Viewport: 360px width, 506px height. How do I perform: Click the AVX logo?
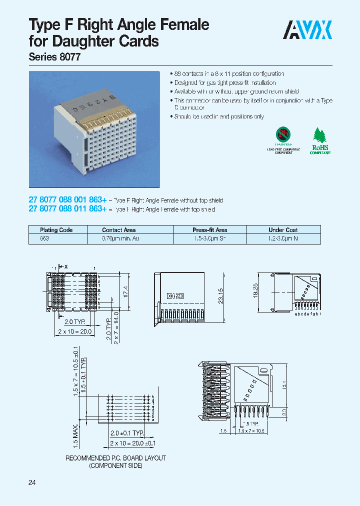pos(308,30)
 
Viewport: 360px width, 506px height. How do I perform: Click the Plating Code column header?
pos(56,230)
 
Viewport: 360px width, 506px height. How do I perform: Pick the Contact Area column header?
pos(119,230)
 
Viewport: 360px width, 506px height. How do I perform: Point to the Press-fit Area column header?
pos(210,230)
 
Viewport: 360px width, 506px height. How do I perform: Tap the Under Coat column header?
pos(283,230)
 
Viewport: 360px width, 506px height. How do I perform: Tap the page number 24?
pos(32,482)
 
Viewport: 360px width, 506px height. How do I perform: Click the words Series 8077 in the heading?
pos(54,57)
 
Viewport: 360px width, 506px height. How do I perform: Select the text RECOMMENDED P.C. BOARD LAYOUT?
pos(116,458)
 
